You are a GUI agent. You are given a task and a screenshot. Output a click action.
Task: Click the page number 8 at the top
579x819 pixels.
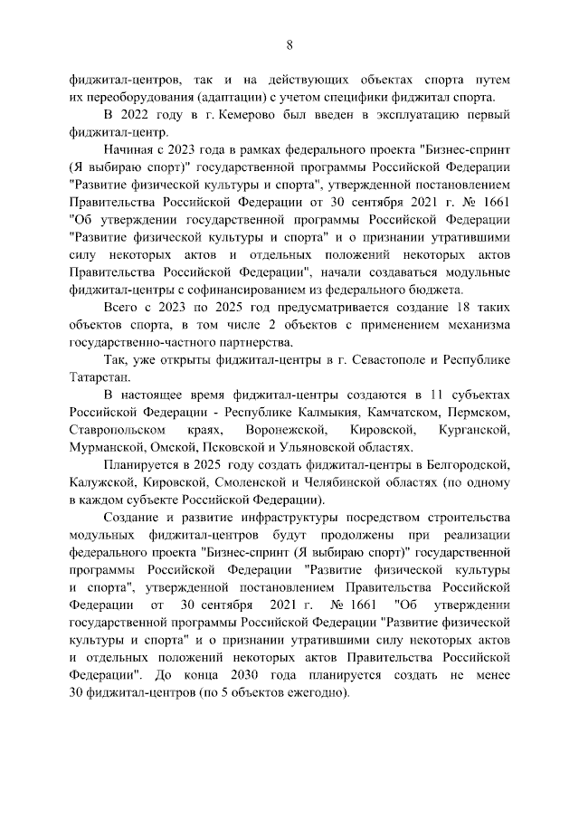pyautogui.click(x=289, y=43)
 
